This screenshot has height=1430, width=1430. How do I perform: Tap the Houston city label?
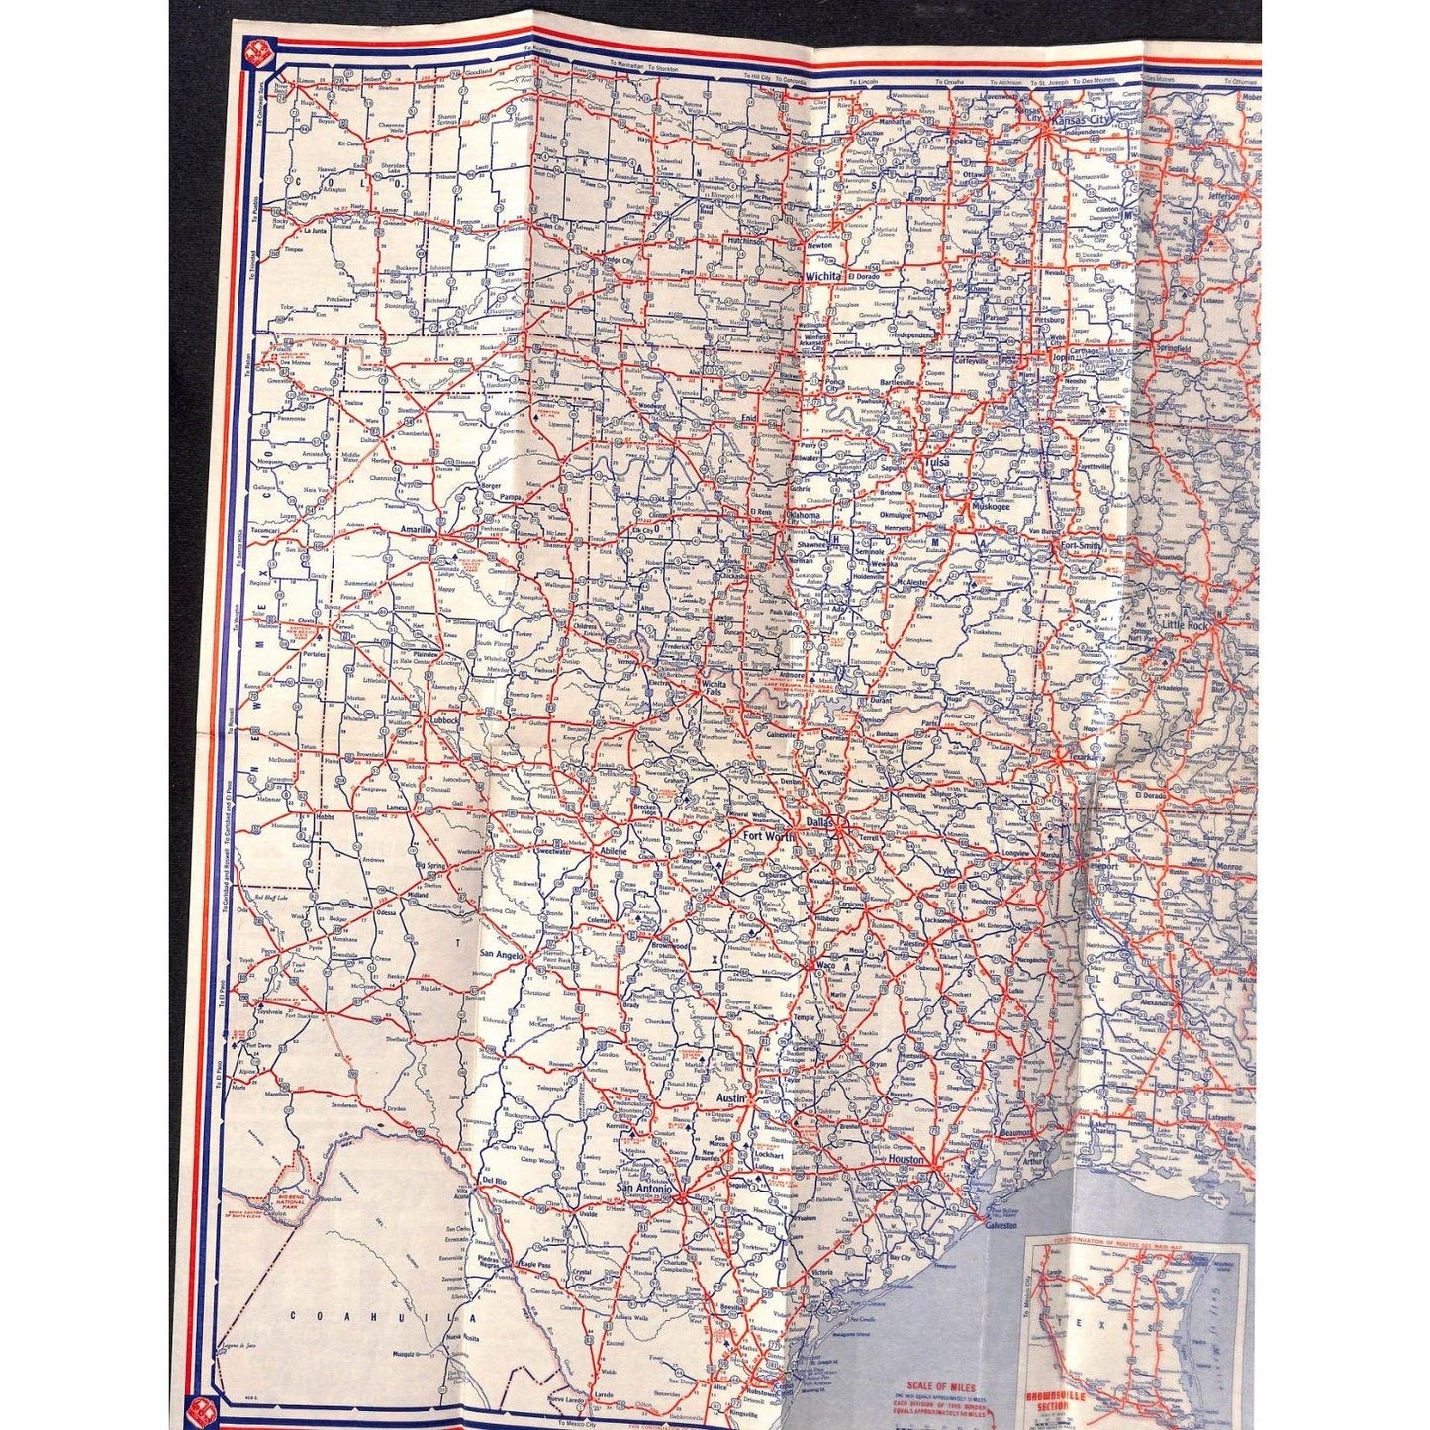click(905, 1159)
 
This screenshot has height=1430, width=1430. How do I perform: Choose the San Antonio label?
click(643, 1188)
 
